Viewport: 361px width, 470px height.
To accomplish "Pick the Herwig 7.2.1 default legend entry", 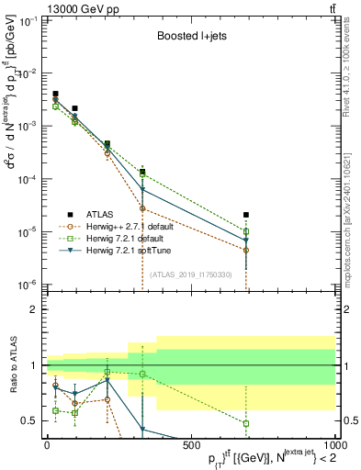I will pyautogui.click(x=129, y=238).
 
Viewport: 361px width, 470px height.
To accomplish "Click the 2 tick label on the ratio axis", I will pyautogui.click(x=35, y=309).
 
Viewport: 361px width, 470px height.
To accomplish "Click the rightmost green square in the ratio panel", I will pyautogui.click(x=246, y=423).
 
